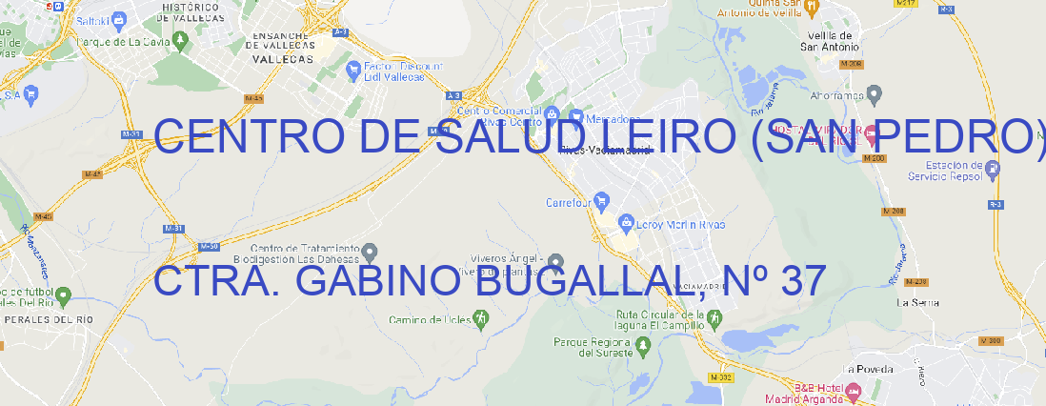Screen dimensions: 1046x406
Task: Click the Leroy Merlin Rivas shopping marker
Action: point(626,224)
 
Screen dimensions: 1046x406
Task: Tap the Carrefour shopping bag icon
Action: point(602,201)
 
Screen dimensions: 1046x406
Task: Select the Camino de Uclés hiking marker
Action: point(481,318)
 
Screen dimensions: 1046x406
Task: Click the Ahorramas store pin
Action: point(875,94)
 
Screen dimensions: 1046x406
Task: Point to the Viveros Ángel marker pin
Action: point(556,262)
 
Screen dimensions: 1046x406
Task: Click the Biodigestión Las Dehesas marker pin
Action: point(370,252)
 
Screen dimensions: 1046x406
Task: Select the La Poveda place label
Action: point(868,369)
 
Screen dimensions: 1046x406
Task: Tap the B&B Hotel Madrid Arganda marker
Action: point(853,391)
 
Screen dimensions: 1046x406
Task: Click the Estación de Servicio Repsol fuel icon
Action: point(993,170)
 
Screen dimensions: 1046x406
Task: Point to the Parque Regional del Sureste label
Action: point(593,347)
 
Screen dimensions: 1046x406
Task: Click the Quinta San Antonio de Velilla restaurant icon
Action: point(812,8)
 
